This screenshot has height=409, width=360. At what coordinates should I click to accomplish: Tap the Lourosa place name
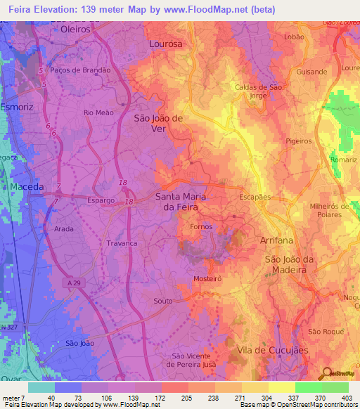(x=166, y=43)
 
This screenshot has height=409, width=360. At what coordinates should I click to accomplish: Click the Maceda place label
(x=27, y=187)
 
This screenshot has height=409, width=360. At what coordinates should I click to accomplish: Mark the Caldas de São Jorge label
(x=258, y=91)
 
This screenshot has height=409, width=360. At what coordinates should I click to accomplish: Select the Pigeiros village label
(x=299, y=141)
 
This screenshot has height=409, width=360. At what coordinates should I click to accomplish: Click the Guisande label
(x=311, y=72)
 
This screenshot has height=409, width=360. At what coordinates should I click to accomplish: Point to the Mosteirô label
(x=208, y=279)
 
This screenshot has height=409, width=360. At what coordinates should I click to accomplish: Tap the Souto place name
(x=162, y=301)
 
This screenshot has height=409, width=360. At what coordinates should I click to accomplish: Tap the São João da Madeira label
(x=285, y=264)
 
